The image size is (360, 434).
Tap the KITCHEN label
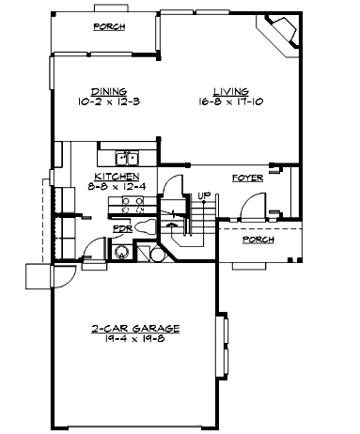click(x=117, y=176)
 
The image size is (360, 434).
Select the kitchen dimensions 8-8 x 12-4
click(x=117, y=185)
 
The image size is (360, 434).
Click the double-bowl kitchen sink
click(x=125, y=158)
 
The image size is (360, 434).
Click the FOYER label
click(x=246, y=177)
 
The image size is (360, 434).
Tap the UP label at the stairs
click(x=202, y=195)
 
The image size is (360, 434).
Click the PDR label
click(x=121, y=228)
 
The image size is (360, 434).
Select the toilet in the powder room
click(x=147, y=227)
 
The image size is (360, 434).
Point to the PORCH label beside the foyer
click(x=258, y=240)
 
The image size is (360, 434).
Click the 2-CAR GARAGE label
click(x=136, y=329)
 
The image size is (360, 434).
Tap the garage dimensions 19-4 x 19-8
click(x=136, y=339)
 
